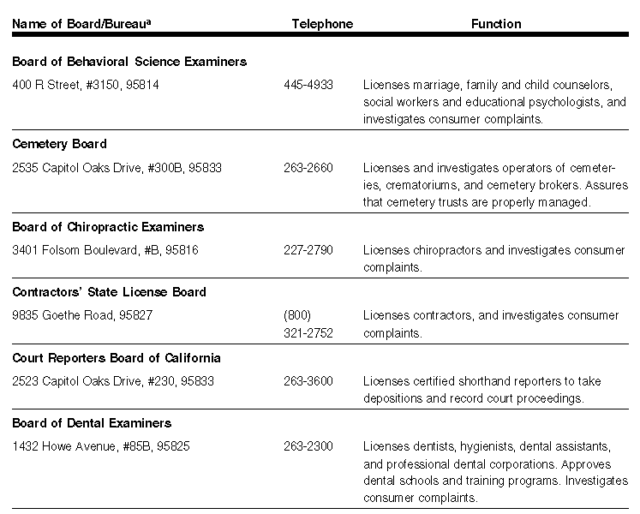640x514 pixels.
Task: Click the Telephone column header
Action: pos(322,24)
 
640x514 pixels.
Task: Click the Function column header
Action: pos(496,24)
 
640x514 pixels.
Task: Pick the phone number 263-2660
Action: pos(308,168)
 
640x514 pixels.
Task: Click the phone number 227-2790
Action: pos(308,250)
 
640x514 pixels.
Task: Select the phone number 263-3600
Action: pos(308,381)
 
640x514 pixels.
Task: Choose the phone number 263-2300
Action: pos(308,446)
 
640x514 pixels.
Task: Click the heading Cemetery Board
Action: pos(59,144)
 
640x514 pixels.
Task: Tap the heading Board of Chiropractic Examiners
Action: pos(107,227)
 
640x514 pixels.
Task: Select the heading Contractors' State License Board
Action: pos(109,292)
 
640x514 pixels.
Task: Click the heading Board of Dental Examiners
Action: pos(92,423)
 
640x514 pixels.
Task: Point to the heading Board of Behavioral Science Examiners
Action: pos(129,62)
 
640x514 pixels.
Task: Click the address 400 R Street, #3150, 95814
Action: pos(86,86)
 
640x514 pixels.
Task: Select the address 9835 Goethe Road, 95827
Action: pos(82,315)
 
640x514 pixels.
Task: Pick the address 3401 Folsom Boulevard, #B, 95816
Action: pos(106,250)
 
